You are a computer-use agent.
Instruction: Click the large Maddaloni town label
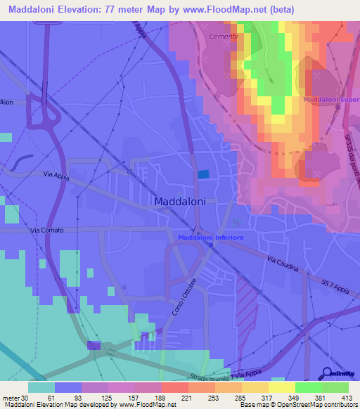[x=180, y=201]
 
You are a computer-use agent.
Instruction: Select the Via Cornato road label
[x=47, y=231]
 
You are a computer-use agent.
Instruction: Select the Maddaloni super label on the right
[x=331, y=99]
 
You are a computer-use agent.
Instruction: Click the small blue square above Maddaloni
[x=203, y=174]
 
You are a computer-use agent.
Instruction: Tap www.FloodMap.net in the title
[x=226, y=9]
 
